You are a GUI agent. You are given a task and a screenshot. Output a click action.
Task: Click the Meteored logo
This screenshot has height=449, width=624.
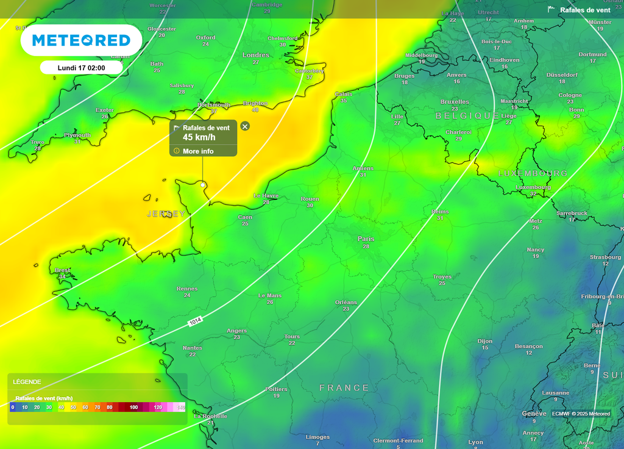coord(81,40)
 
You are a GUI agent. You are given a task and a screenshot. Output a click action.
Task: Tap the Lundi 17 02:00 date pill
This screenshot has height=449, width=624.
coord(81,68)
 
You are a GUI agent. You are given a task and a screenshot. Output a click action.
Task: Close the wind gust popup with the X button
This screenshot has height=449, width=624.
coord(245,126)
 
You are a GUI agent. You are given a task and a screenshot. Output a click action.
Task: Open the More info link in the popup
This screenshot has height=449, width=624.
coord(198,151)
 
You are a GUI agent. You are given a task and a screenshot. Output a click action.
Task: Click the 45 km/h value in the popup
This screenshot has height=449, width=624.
coord(199,137)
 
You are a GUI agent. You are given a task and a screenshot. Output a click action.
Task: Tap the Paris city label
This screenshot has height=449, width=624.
coord(366,239)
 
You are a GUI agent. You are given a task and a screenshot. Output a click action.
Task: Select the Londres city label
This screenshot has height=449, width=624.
coord(256,55)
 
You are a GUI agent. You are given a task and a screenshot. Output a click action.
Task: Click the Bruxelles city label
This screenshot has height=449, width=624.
coord(455,102)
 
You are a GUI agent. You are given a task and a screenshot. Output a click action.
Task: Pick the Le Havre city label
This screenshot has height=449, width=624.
coord(266,196)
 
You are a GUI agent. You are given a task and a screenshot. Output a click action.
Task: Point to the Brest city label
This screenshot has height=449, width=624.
coord(62,270)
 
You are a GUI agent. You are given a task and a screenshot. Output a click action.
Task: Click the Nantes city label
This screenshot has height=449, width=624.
coord(193,348)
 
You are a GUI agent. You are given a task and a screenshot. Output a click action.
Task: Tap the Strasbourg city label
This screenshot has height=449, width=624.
coord(605,257)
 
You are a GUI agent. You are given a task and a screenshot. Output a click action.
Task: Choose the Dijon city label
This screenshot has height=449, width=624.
coord(485,341)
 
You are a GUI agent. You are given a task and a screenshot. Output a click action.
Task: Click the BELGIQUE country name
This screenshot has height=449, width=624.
coord(467,115)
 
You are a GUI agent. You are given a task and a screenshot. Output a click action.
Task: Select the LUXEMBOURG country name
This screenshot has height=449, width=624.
coord(533,173)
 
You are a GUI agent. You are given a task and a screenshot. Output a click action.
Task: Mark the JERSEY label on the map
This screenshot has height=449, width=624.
coord(166,214)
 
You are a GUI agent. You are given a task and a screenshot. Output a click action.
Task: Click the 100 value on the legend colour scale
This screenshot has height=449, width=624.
coord(133,407)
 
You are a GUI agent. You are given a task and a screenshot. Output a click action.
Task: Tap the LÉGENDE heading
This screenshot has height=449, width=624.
coord(27,382)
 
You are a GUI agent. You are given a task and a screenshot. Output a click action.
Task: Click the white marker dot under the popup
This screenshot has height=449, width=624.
coord(202,184)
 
